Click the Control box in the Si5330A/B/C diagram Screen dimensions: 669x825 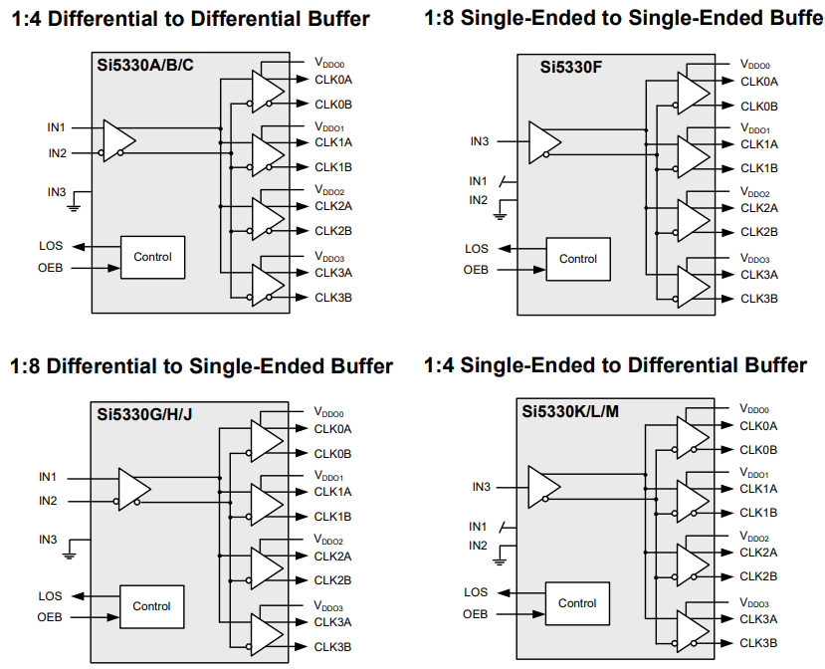(x=152, y=257)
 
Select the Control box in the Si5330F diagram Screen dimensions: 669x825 (x=577, y=259)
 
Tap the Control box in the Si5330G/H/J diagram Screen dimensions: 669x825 (x=151, y=606)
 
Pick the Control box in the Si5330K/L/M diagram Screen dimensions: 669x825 (x=577, y=603)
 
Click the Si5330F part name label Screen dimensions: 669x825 (x=568, y=68)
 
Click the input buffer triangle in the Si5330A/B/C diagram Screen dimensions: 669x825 (x=117, y=140)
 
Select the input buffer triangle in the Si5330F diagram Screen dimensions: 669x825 (x=543, y=141)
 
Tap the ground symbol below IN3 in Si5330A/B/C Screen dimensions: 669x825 (x=74, y=206)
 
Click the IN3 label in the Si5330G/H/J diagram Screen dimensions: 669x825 (x=48, y=540)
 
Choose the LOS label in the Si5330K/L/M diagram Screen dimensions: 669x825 (x=476, y=592)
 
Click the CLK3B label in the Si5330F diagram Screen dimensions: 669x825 (x=759, y=299)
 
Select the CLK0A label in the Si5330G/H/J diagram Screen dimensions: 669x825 (x=332, y=429)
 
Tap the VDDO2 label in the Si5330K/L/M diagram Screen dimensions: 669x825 (x=753, y=537)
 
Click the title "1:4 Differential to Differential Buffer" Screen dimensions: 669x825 (x=190, y=19)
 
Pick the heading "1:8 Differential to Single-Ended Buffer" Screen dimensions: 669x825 (x=201, y=366)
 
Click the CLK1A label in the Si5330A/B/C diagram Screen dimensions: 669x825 (x=333, y=142)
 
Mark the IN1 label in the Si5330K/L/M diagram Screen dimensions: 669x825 (x=478, y=526)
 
